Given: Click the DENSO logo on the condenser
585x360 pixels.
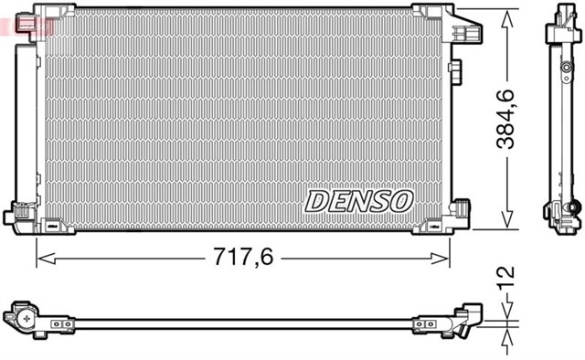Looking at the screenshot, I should (359, 200).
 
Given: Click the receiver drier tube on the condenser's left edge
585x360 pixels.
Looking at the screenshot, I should (27, 119).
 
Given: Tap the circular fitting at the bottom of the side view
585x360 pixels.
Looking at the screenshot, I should (574, 207).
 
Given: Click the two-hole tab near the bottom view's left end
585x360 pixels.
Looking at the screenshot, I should (62, 324).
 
